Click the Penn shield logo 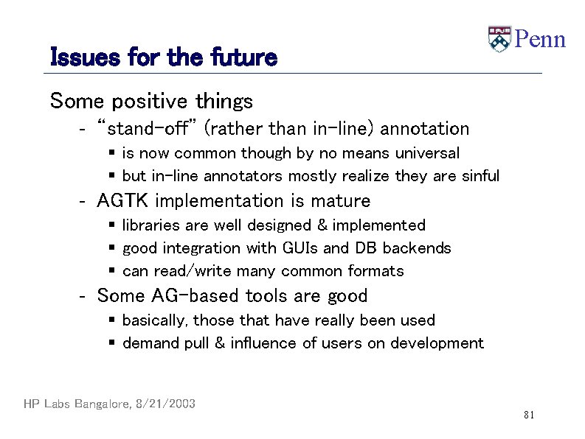point(499,39)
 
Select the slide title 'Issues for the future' point(163,57)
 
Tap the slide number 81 point(528,415)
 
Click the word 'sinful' point(480,176)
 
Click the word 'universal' point(427,153)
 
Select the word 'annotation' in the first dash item point(426,129)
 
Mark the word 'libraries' point(148,225)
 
